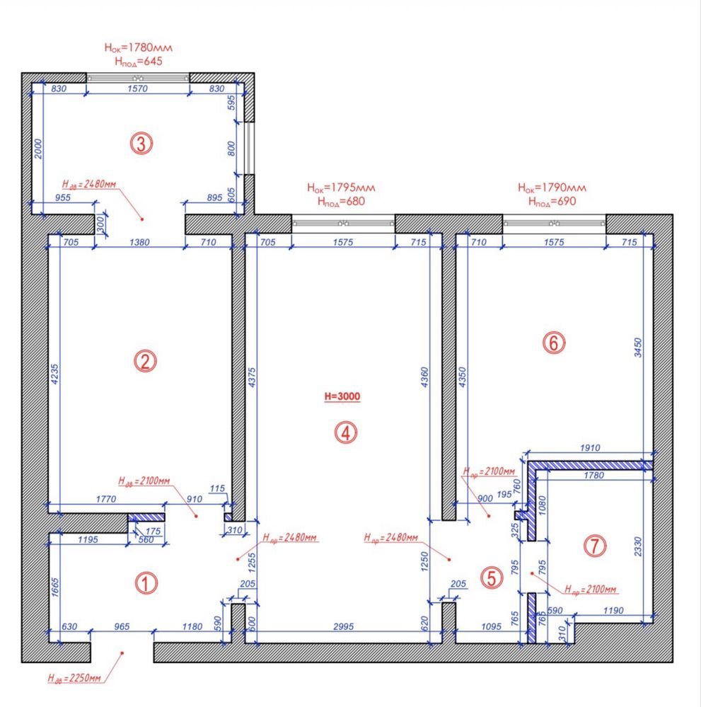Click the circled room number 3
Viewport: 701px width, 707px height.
141,144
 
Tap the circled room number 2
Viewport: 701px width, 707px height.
145,361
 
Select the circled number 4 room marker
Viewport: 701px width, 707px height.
346,433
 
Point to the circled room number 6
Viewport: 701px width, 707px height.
554,343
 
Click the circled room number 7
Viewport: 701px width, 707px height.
595,546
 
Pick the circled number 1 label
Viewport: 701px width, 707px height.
146,583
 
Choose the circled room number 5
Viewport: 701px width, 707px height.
492,577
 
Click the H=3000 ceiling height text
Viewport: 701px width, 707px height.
342,396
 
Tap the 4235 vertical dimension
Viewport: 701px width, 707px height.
54,374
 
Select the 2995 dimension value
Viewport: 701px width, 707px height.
343,626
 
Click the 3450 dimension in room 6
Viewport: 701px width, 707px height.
637,347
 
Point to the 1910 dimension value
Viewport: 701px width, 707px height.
590,448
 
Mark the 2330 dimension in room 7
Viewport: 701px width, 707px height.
637,546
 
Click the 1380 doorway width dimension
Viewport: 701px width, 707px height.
139,242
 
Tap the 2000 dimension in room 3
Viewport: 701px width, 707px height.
38,149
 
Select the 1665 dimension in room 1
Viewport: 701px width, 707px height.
54,587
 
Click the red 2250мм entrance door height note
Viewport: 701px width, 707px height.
74,678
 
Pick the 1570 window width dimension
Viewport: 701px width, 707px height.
137,88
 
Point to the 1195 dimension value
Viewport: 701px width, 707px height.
88,539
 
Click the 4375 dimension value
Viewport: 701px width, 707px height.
252,377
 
